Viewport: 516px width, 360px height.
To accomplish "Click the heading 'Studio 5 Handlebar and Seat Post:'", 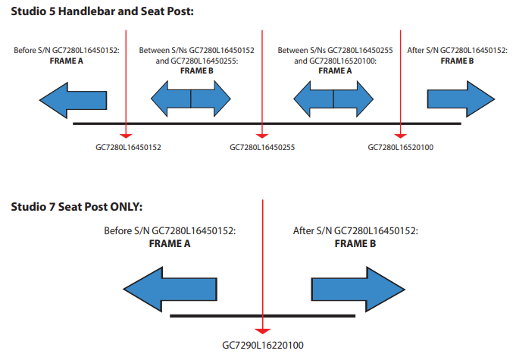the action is pyautogui.click(x=102, y=11).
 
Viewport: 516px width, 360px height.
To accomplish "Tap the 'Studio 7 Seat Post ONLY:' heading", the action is pyautogui.click(x=77, y=207).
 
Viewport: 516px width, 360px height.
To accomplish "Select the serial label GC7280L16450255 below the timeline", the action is pyautogui.click(x=262, y=147).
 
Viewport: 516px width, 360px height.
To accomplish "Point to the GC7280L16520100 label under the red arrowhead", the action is pyautogui.click(x=401, y=147).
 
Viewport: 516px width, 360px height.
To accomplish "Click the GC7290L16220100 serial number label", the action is pyautogui.click(x=263, y=345).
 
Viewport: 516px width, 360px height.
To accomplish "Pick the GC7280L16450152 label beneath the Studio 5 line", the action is pyautogui.click(x=128, y=147).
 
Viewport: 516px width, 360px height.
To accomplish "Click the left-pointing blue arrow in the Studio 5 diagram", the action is pyautogui.click(x=73, y=100).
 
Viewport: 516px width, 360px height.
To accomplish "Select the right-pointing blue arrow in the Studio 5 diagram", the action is pyautogui.click(x=461, y=99).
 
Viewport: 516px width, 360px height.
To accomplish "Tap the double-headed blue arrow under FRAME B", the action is pyautogui.click(x=191, y=99).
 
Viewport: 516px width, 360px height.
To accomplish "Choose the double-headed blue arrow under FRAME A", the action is pyautogui.click(x=333, y=99).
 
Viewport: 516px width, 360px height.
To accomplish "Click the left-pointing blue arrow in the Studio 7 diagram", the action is pyautogui.click(x=170, y=290).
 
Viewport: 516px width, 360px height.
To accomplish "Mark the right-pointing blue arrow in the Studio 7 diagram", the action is pyautogui.click(x=358, y=290).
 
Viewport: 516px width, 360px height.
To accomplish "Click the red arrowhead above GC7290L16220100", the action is pyautogui.click(x=263, y=331).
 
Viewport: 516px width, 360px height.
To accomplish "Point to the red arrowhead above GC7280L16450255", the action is pyautogui.click(x=262, y=136).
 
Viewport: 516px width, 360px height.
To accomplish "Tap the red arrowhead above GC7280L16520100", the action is pyautogui.click(x=401, y=136).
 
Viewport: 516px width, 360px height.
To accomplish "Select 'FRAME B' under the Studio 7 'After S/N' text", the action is pyautogui.click(x=355, y=243).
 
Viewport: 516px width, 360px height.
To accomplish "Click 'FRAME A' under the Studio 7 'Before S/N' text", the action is pyautogui.click(x=170, y=243).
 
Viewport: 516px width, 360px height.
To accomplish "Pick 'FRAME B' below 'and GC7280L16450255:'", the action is pyautogui.click(x=197, y=70).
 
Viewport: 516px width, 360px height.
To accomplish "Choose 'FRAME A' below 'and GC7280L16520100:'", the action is pyautogui.click(x=335, y=70).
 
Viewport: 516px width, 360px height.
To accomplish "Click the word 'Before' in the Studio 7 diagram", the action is pyautogui.click(x=117, y=230).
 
